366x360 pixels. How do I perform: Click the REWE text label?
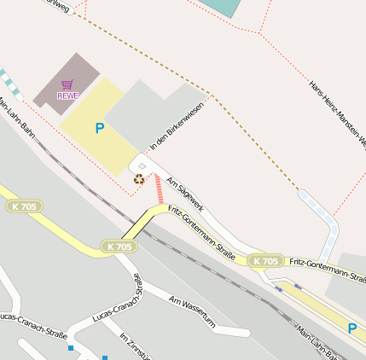[67, 96]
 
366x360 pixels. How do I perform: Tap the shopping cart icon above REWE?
[67, 84]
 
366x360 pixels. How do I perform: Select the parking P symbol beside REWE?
[100, 129]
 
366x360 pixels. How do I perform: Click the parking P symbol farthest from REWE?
[351, 328]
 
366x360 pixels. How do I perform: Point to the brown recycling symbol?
[138, 179]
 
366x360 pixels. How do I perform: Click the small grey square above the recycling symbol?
[142, 165]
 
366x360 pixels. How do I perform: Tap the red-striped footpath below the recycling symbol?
[159, 189]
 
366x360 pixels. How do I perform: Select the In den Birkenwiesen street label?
[176, 126]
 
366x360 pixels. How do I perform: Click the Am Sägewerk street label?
[185, 194]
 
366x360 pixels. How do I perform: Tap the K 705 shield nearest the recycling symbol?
[120, 247]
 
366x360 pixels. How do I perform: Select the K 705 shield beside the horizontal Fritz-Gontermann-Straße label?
[266, 261]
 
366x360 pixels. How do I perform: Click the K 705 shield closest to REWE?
[25, 206]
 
